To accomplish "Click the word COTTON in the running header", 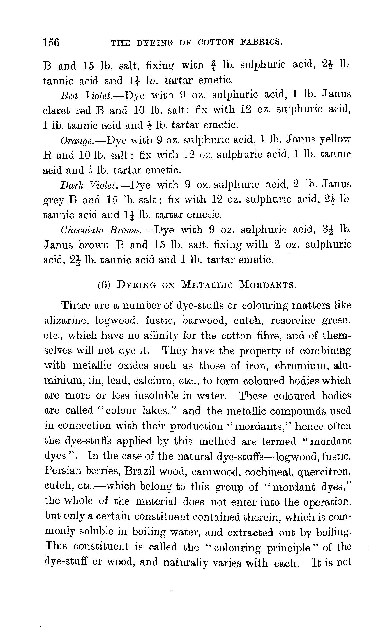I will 216,42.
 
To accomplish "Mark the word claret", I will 56,110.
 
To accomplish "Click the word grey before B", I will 53,201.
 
